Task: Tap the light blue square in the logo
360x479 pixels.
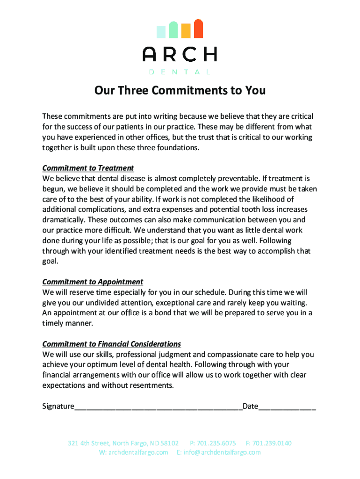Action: pos(161,31)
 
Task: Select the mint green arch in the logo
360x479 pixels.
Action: pos(173,29)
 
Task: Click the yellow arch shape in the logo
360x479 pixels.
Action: pos(186,30)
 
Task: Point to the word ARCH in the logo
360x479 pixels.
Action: pos(180,55)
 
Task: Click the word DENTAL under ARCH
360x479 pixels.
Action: pos(180,72)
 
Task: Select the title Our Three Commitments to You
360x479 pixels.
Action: pos(180,90)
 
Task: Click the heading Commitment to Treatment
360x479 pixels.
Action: pos(88,168)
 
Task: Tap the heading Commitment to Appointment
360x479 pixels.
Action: pos(93,282)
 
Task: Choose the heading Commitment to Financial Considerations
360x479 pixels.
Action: pos(111,344)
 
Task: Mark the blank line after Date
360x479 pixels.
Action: pos(287,406)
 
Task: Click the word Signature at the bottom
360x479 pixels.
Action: pos(58,406)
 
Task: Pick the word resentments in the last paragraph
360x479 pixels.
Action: pos(151,385)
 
